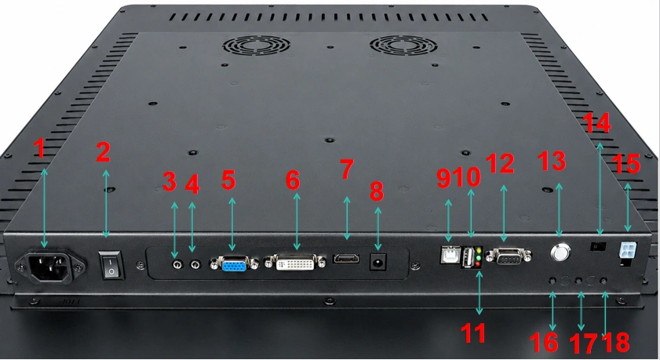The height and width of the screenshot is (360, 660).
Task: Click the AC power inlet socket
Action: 50,267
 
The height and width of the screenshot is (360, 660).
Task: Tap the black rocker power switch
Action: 111,265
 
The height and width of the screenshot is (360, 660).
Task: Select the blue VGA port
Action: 234,264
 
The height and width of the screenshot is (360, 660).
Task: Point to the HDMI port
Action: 346,258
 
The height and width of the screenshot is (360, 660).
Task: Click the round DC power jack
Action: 378,263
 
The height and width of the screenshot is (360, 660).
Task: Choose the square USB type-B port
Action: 449,254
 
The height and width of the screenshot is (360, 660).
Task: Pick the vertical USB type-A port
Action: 468,257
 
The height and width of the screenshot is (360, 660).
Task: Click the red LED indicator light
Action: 478,264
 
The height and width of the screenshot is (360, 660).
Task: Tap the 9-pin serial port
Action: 509,256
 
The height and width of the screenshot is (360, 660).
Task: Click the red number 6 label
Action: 293,180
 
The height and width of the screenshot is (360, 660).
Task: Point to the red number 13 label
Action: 552,161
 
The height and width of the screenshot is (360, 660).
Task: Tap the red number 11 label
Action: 473,333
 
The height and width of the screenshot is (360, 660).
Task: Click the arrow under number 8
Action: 378,229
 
